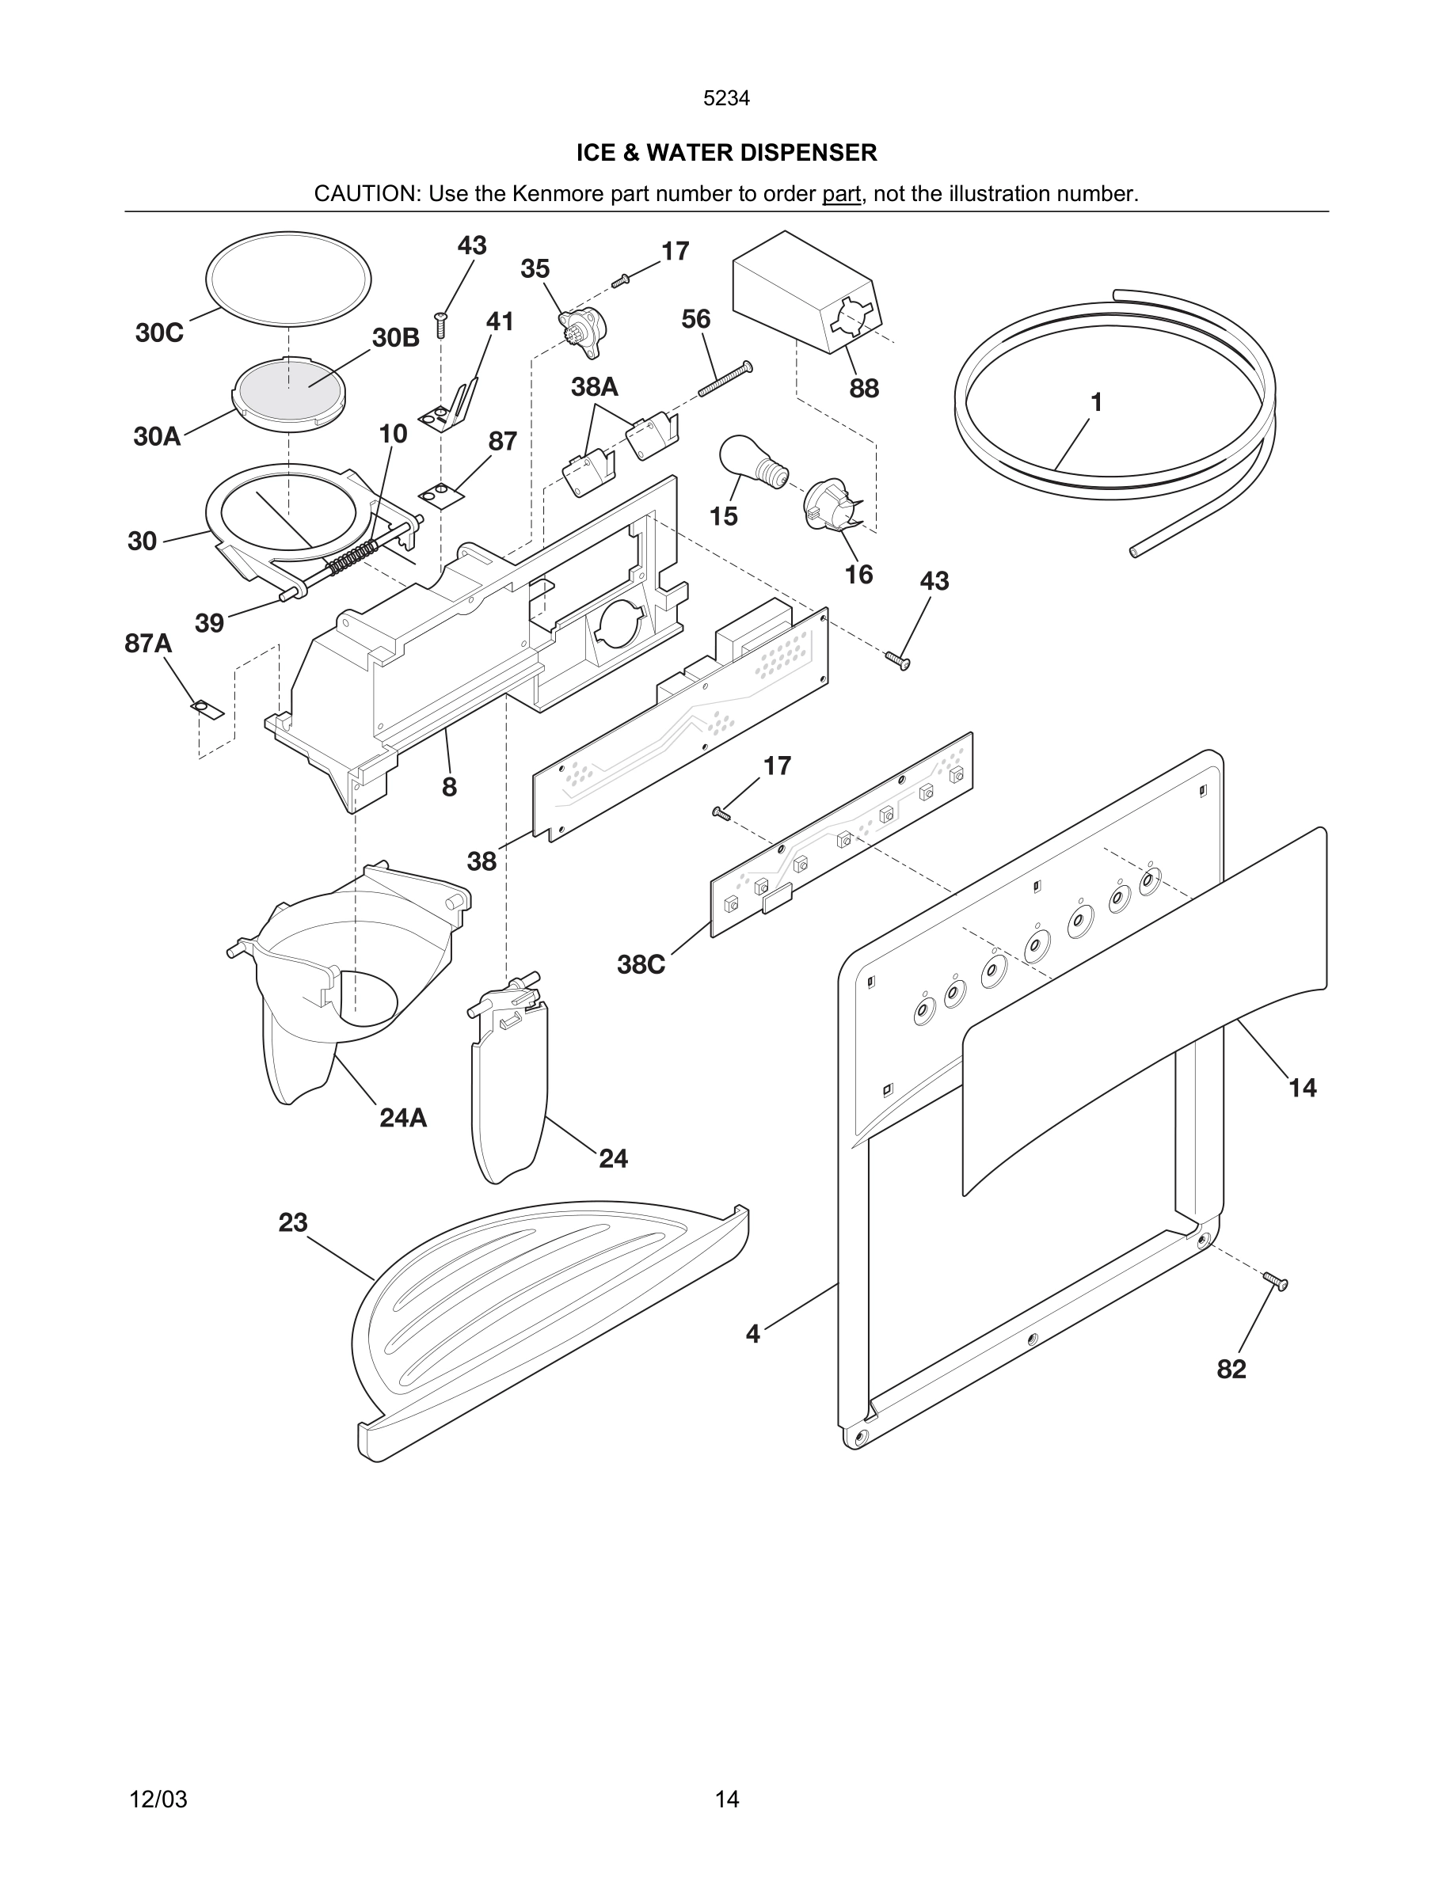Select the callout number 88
click(864, 389)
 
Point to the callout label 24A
click(403, 1118)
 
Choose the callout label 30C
click(159, 333)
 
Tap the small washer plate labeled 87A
click(207, 709)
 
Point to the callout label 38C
click(641, 964)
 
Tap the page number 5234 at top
click(726, 99)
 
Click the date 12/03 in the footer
click(158, 1799)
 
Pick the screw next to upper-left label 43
click(441, 325)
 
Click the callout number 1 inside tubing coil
click(1096, 402)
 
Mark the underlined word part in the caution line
click(841, 194)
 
